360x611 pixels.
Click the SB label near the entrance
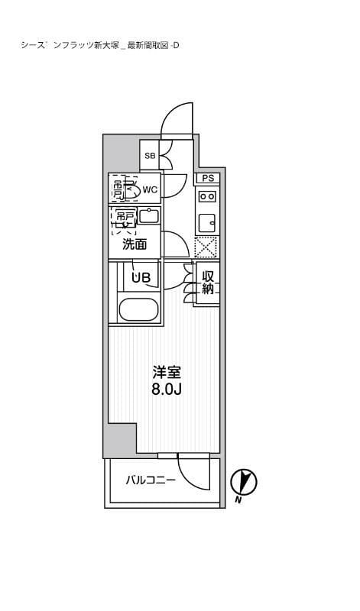(x=150, y=156)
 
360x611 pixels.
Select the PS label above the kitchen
(x=206, y=178)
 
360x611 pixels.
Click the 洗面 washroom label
(x=135, y=244)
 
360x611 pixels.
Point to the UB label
(x=141, y=278)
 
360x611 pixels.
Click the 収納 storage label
(x=206, y=283)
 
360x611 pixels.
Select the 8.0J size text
(x=167, y=390)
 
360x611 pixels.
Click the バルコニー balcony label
(x=151, y=480)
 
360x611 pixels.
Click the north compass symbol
(x=244, y=480)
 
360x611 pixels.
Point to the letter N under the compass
(x=238, y=500)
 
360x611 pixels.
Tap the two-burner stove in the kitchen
(x=206, y=196)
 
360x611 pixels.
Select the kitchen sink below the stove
(x=206, y=222)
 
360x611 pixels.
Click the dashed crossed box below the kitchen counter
(x=206, y=247)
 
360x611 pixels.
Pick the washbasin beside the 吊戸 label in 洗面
(x=148, y=215)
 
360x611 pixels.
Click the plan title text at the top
(x=100, y=45)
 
